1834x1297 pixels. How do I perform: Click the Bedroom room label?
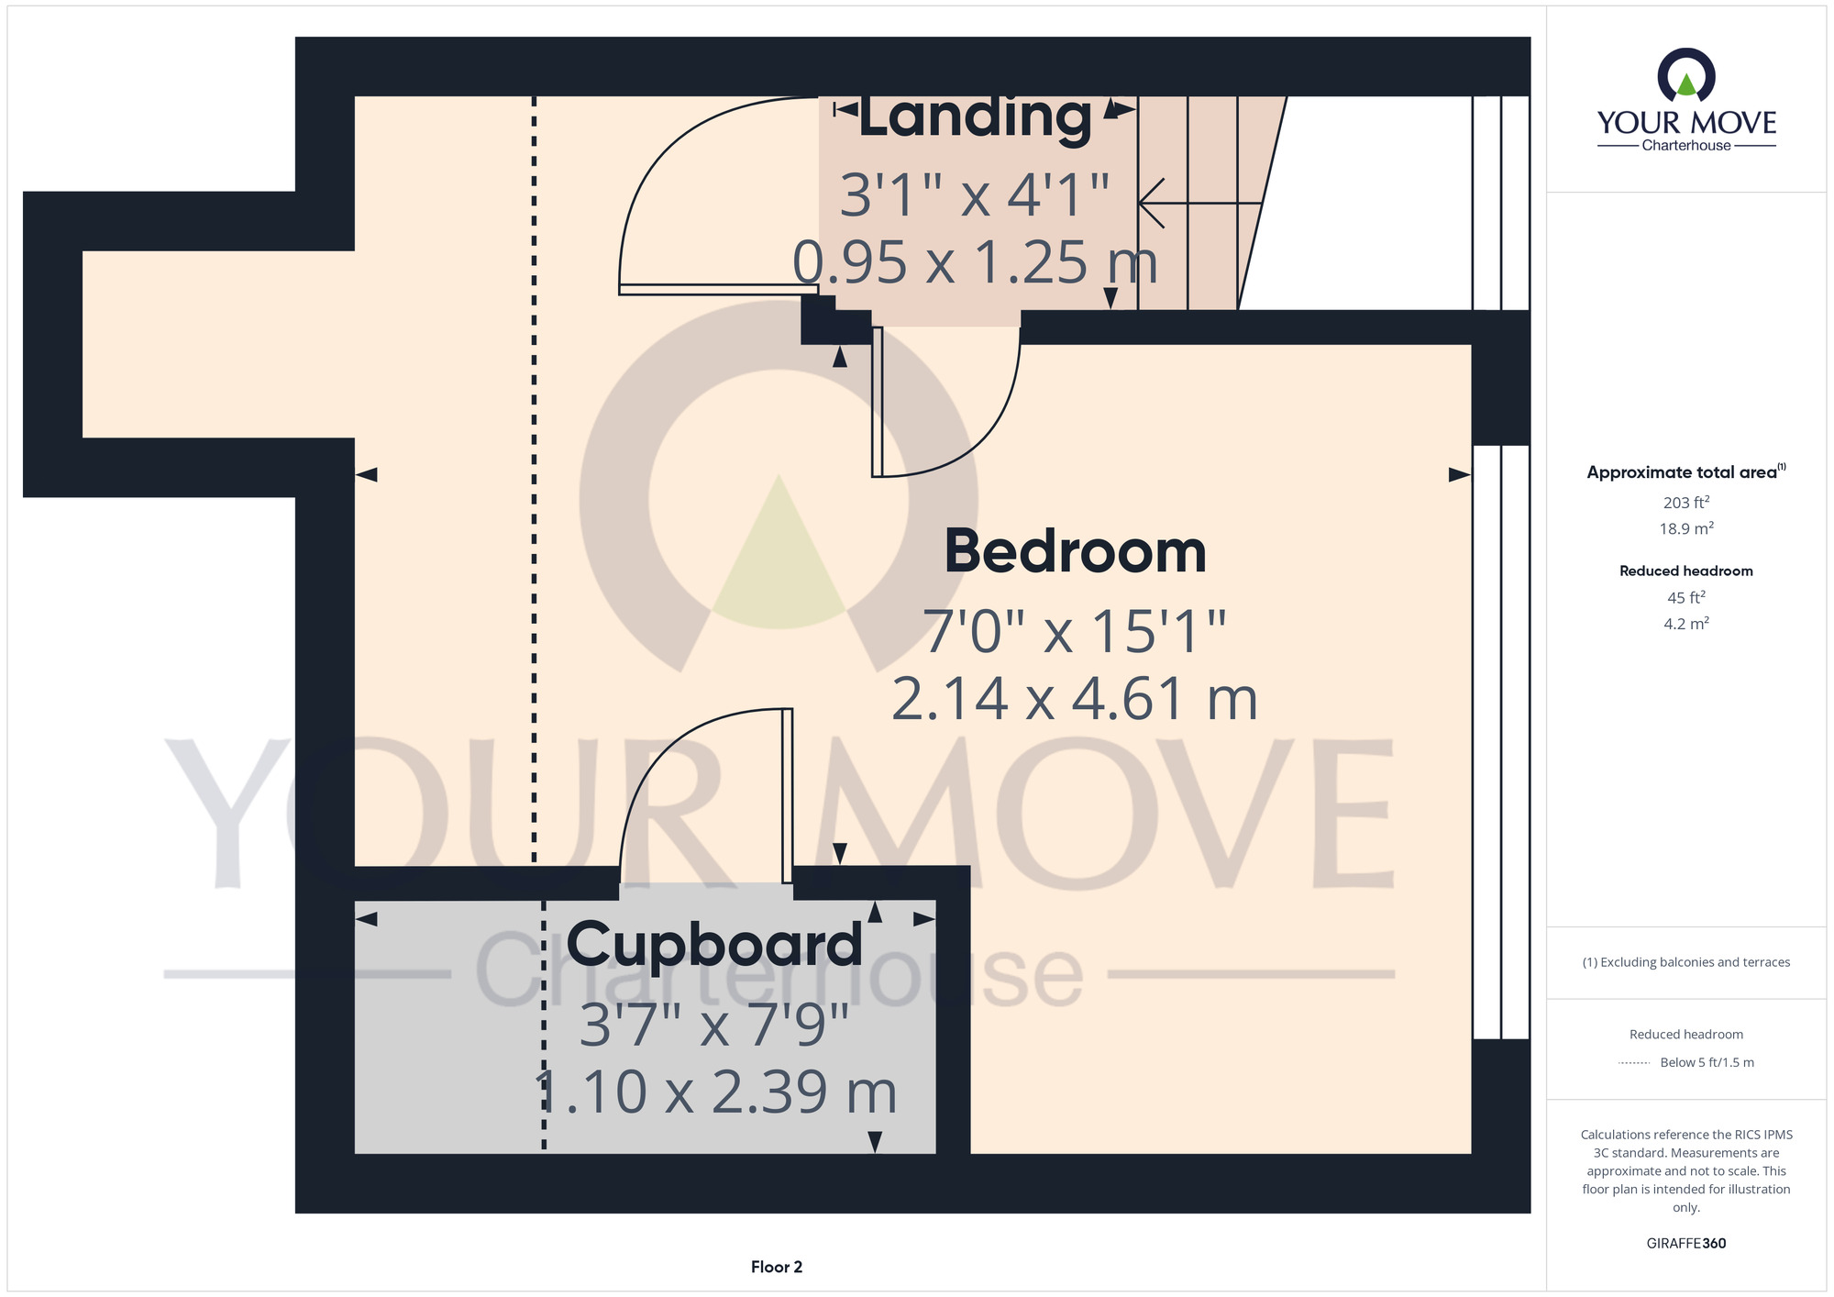click(x=1075, y=551)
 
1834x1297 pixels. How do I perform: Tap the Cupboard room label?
click(x=714, y=945)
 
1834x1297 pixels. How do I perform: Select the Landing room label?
click(x=976, y=118)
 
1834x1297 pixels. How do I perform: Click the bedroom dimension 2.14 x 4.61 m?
click(x=1074, y=699)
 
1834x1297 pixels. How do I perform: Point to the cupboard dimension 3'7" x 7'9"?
click(x=714, y=1025)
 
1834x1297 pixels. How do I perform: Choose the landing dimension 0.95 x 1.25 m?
click(x=976, y=262)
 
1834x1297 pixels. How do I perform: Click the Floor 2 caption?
click(x=777, y=1267)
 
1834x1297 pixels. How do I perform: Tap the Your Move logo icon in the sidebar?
click(x=1686, y=75)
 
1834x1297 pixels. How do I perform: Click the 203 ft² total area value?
click(x=1686, y=502)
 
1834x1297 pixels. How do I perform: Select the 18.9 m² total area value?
click(x=1686, y=528)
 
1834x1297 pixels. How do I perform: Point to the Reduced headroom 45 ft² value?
click(x=1686, y=597)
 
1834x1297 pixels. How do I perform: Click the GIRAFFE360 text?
click(x=1686, y=1244)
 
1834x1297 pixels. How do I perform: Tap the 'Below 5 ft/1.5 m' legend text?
click(x=1707, y=1062)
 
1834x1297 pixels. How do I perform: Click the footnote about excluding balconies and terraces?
click(x=1686, y=962)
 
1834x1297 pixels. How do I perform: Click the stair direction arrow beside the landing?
click(x=1200, y=203)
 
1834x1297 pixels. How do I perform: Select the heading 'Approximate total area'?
click(x=1682, y=472)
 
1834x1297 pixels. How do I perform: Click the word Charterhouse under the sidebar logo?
click(x=1686, y=145)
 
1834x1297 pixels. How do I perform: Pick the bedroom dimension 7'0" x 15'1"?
click(x=1074, y=631)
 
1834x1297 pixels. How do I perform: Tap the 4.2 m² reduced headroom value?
click(x=1686, y=624)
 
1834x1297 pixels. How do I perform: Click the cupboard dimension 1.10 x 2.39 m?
click(x=714, y=1092)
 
